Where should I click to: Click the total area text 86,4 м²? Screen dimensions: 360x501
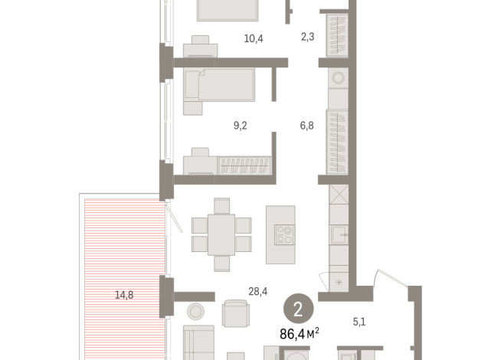(300, 333)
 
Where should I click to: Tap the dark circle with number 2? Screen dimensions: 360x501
(298, 309)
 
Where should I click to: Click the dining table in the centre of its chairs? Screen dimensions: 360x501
(221, 234)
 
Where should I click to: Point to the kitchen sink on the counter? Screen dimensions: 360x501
(339, 232)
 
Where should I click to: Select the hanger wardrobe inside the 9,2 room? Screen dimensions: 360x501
(246, 165)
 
